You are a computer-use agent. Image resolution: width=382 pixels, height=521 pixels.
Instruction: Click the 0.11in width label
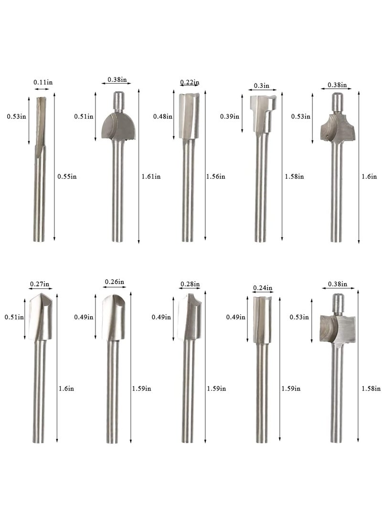43,82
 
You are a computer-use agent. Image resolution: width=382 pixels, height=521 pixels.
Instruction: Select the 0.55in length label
67,176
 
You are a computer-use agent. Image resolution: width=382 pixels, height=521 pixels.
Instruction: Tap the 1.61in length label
151,176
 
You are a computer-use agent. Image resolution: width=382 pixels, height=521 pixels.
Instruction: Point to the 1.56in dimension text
215,176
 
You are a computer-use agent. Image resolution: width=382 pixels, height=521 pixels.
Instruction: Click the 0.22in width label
190,82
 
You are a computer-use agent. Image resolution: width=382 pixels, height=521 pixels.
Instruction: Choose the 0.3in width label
261,86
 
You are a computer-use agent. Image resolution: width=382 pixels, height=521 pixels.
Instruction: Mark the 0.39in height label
230,117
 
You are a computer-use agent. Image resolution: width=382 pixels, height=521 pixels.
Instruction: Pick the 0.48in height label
163,117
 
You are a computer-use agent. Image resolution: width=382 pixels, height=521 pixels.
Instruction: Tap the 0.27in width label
40,284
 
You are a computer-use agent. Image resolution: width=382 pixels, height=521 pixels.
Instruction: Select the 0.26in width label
115,282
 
